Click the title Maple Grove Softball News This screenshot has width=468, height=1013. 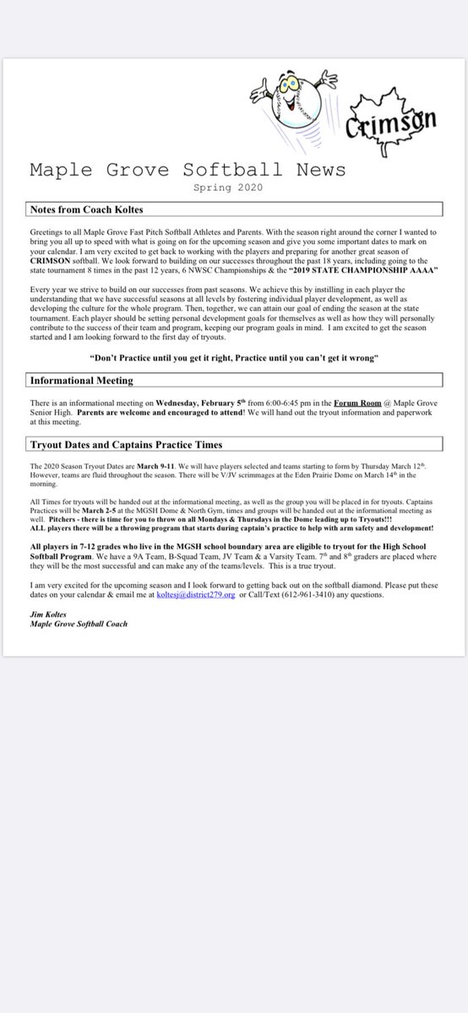coord(188,170)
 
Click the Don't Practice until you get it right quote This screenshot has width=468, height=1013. coord(233,359)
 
